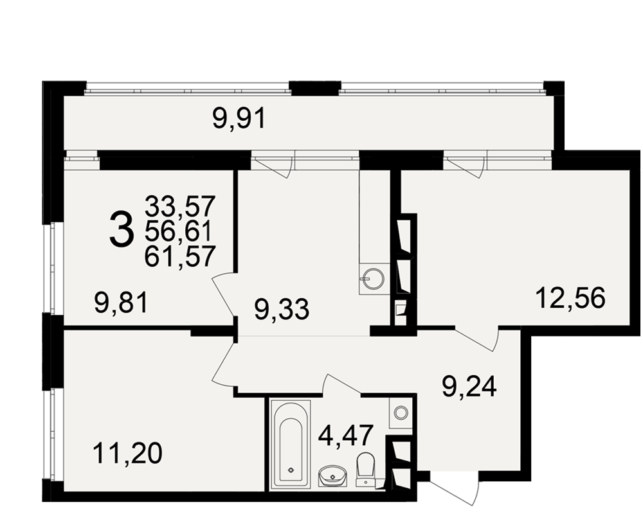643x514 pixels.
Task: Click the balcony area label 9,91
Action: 239,119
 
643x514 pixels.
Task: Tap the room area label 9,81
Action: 121,303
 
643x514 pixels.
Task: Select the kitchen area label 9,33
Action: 282,309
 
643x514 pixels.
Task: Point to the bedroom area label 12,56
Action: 570,297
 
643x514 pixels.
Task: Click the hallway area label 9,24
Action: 469,386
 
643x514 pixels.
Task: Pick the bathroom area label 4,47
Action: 346,436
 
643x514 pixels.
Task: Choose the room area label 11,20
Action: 127,454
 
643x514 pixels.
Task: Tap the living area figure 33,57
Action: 180,206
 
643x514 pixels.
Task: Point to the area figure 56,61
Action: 178,231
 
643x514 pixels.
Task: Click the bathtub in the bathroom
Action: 291,445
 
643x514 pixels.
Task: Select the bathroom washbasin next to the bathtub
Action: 332,476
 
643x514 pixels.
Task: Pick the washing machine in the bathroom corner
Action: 400,412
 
